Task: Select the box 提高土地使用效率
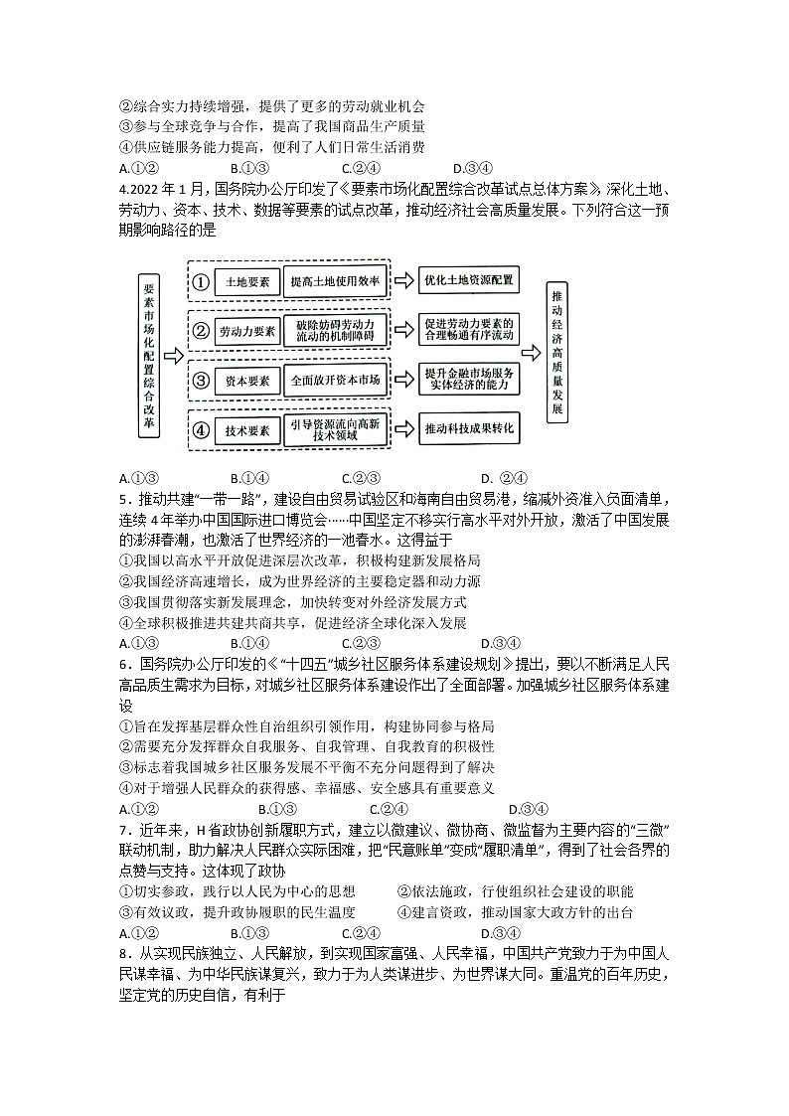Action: [x=335, y=281]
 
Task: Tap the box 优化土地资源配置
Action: [x=469, y=280]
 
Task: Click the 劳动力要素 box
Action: [x=247, y=331]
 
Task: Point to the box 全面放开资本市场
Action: [x=335, y=380]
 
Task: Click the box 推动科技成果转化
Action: [x=469, y=429]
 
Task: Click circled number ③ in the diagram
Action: [x=201, y=381]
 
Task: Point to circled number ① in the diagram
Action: [x=201, y=282]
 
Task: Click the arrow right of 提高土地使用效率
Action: [x=404, y=281]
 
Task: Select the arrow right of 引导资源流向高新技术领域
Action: [x=404, y=430]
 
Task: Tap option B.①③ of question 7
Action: [x=249, y=933]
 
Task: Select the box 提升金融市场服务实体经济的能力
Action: [x=469, y=380]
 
